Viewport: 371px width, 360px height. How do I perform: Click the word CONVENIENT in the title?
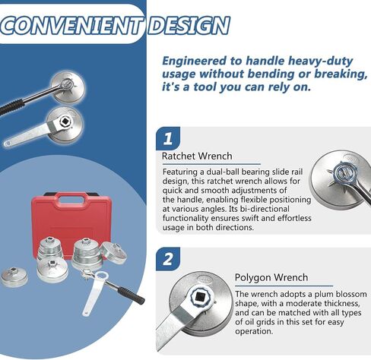tap(71, 26)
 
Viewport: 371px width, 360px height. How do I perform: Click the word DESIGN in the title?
tap(189, 26)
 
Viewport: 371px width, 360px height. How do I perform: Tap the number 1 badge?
tap(168, 138)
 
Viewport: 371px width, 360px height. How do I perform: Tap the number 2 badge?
tap(168, 259)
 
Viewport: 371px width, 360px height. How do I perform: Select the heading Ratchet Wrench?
tap(197, 156)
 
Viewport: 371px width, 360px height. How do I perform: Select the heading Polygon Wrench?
tap(271, 277)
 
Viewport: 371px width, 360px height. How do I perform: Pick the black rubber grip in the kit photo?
tap(132, 295)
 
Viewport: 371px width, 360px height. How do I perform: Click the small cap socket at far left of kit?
tap(14, 277)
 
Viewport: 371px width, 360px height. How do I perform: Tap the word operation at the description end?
tap(254, 332)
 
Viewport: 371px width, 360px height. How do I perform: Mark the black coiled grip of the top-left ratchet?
tap(12, 107)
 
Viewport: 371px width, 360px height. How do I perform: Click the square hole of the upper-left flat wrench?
tap(65, 122)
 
